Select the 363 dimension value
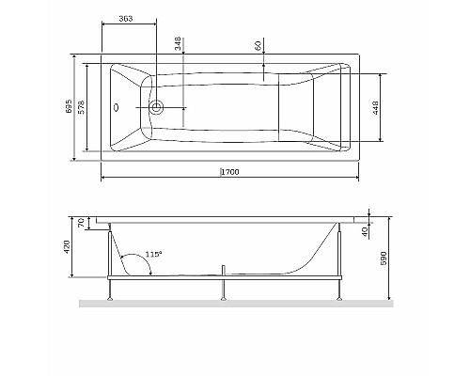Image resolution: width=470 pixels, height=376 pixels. click(125, 19)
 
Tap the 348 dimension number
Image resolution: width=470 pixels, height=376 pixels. click(176, 43)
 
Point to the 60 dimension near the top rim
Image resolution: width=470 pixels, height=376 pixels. click(258, 45)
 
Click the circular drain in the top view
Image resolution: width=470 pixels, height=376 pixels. click(157, 108)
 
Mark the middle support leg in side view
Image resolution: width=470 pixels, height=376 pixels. click(224, 289)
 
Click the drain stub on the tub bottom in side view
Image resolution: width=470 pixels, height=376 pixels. click(224, 273)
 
